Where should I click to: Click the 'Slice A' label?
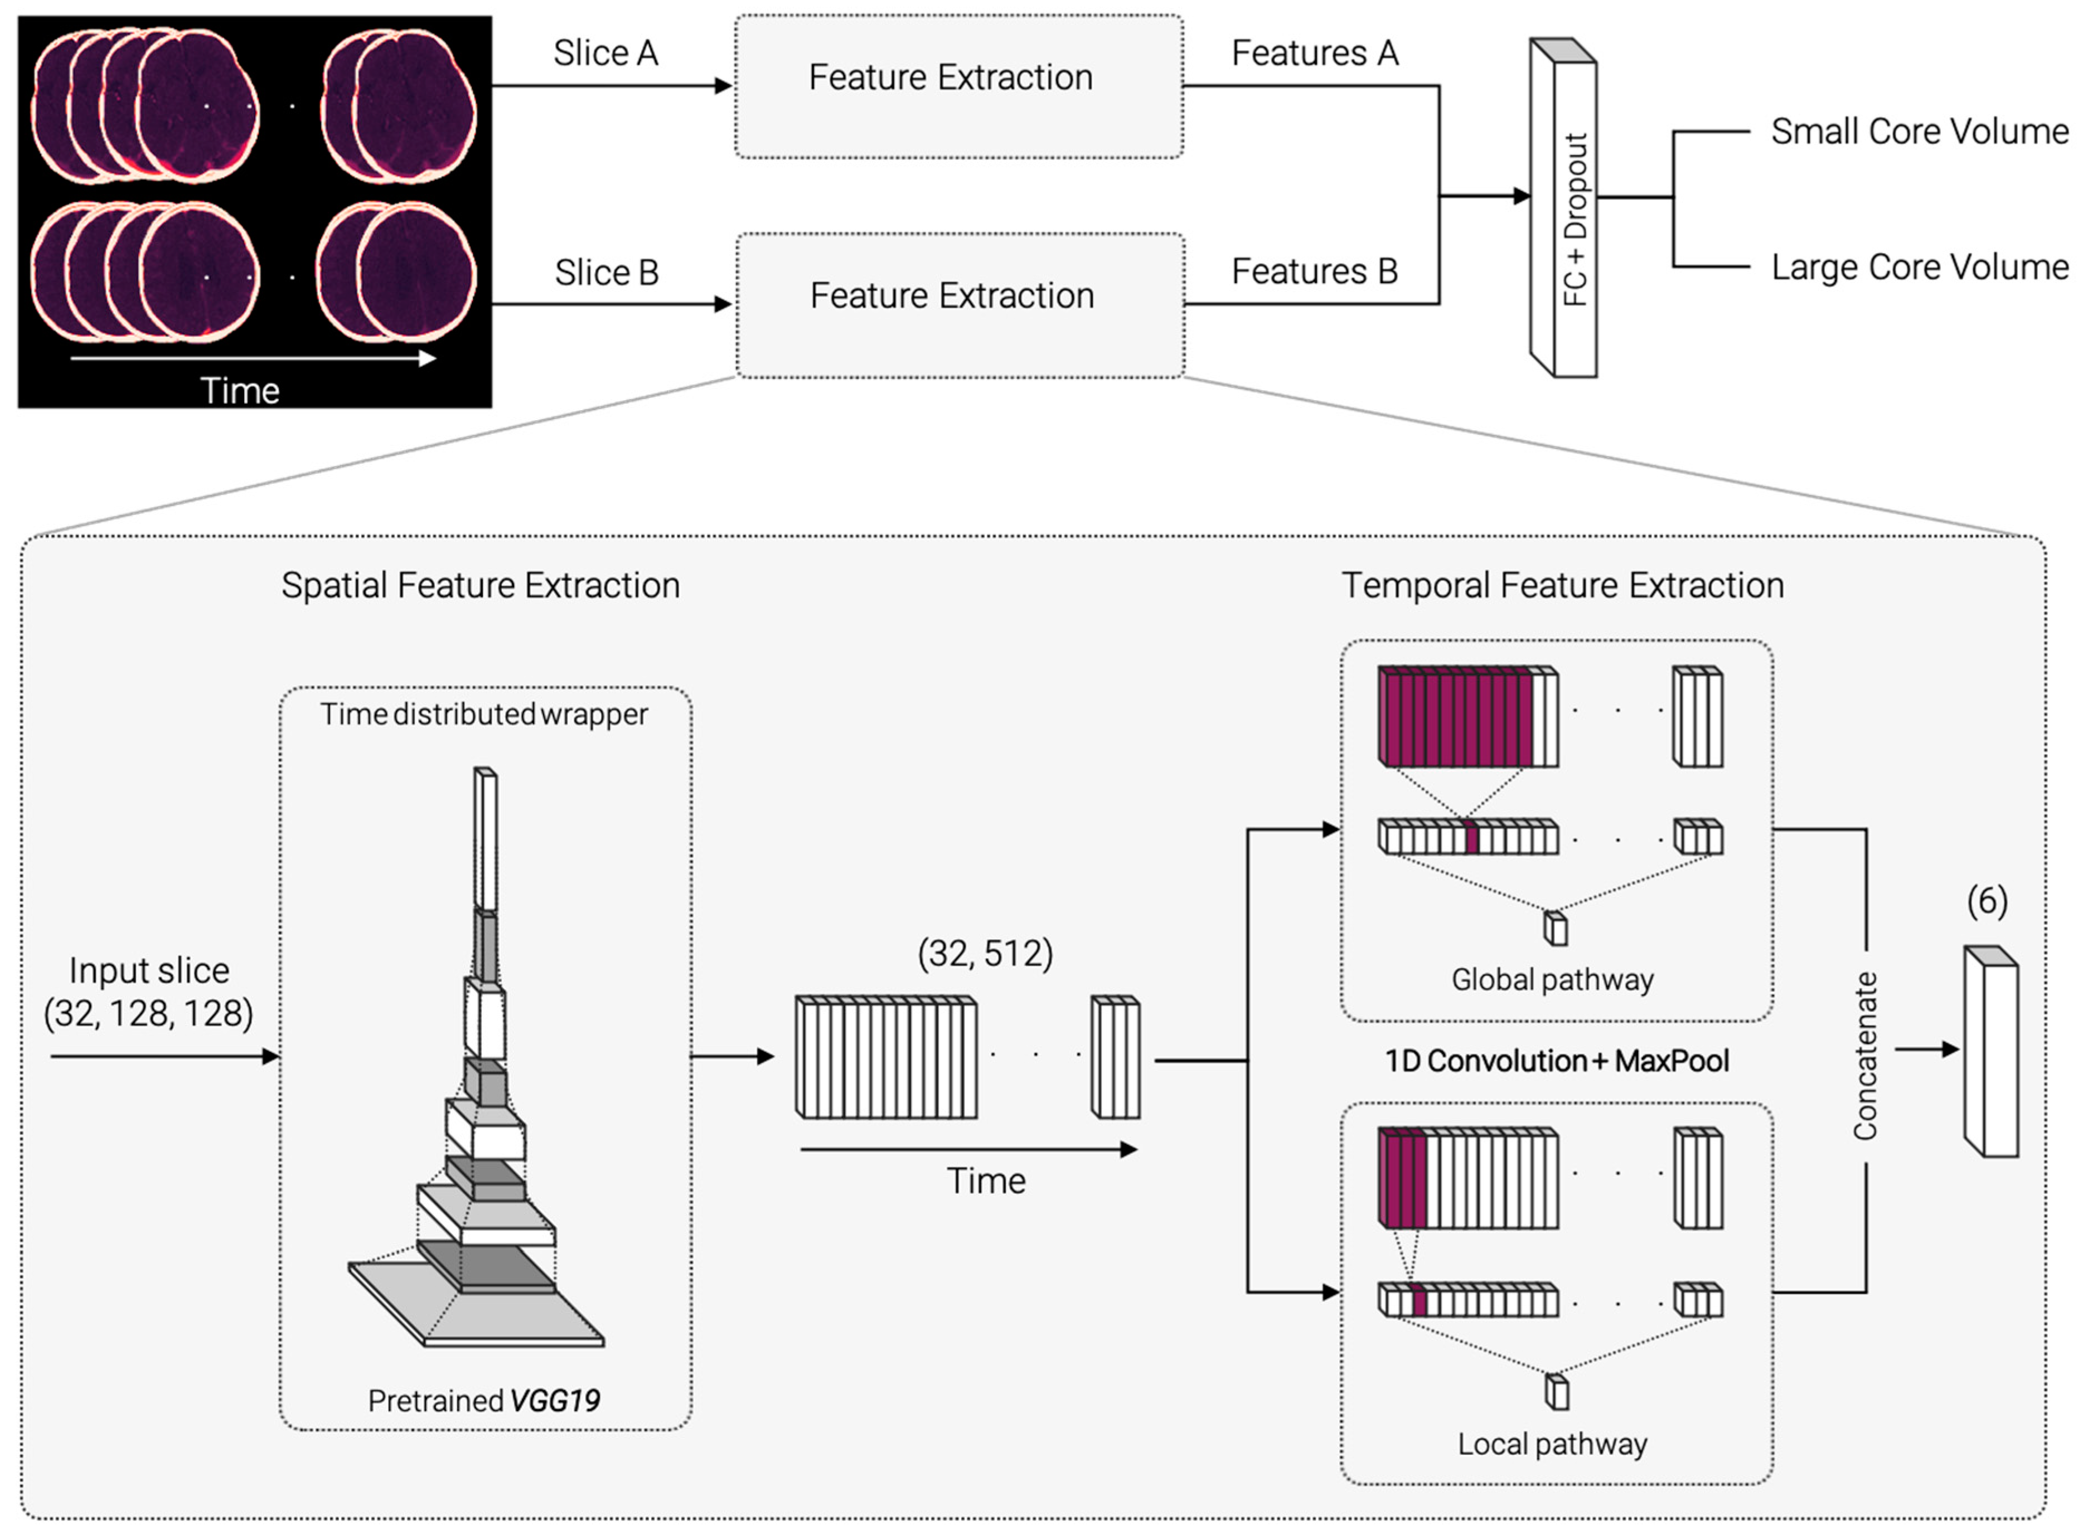606,53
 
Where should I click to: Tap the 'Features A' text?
1315,53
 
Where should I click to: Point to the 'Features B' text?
1315,271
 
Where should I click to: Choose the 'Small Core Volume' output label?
1920,132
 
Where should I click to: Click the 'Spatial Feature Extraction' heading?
481,585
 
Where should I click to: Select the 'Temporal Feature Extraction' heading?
1563,585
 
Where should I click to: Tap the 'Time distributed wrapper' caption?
484,714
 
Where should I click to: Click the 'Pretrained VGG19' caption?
484,1400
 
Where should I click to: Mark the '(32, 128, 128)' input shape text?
148,1013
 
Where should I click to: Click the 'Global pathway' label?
1552,980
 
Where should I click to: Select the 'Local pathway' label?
1552,1444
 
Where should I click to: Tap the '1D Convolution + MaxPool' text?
1557,1061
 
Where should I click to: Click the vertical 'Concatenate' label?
1865,1056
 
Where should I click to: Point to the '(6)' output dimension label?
1987,901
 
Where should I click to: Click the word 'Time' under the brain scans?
240,391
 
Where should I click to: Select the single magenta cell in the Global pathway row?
1471,836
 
